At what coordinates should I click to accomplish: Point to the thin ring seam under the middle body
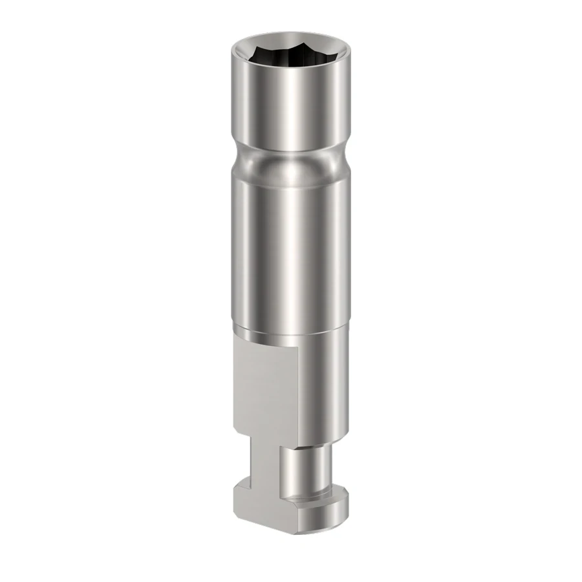pos(291,336)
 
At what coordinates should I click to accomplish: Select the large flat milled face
pos(265,388)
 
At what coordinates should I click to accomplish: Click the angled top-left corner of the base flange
pos(241,482)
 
